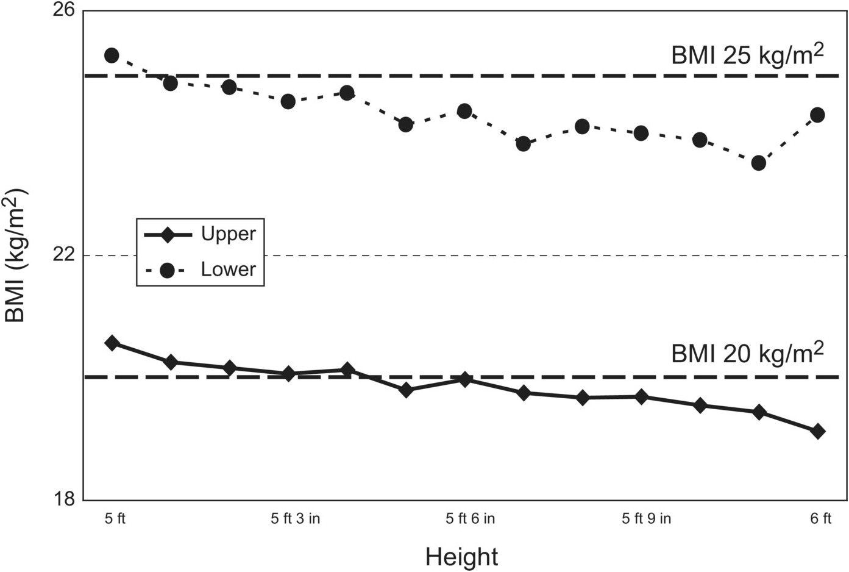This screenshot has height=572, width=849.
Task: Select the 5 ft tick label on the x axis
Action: point(115,519)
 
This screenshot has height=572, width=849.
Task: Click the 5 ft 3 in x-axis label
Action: point(296,519)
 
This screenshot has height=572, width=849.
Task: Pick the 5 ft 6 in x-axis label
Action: point(470,519)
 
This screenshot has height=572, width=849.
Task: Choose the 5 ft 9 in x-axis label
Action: point(647,519)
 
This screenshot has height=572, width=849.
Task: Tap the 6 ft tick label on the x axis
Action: point(820,519)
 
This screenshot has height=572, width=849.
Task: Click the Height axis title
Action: point(461,557)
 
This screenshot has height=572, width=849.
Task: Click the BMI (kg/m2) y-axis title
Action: point(16,256)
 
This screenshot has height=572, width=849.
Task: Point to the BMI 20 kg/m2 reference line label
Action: point(747,352)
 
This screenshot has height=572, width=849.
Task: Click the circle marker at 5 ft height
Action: point(112,55)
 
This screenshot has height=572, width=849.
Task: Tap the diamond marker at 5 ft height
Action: point(112,343)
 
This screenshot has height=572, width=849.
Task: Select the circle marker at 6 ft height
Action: point(818,115)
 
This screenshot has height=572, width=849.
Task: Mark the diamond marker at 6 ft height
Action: point(818,431)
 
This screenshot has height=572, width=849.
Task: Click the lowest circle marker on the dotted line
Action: point(759,163)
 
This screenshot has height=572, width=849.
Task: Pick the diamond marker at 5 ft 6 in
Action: point(464,379)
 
